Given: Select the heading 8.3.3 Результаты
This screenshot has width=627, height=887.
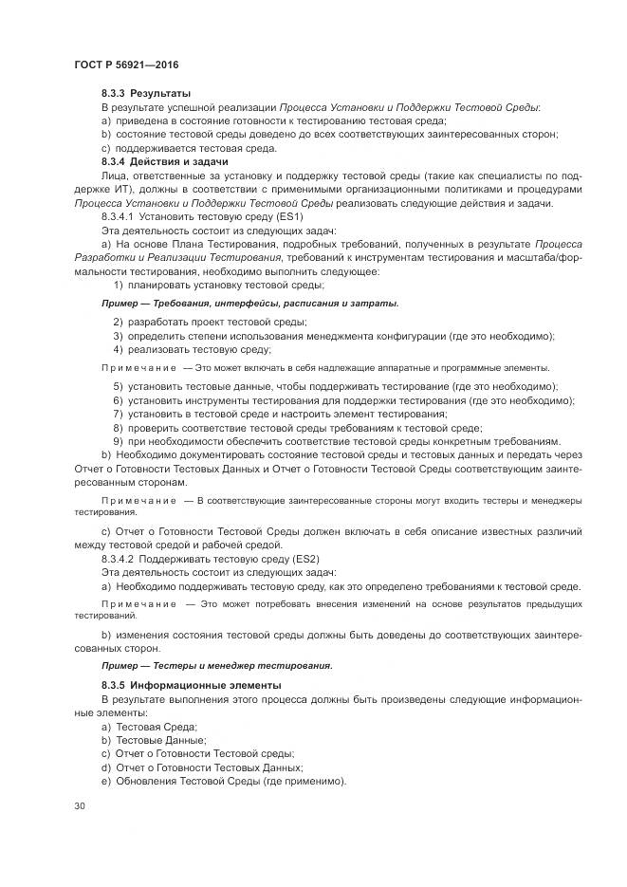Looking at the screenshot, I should tap(146, 93).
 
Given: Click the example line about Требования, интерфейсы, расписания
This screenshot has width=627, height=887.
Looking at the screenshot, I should tap(249, 304).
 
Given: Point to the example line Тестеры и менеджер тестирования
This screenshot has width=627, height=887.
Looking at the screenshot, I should tap(216, 665).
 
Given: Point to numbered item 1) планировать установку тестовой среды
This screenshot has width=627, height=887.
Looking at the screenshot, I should tap(219, 285).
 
